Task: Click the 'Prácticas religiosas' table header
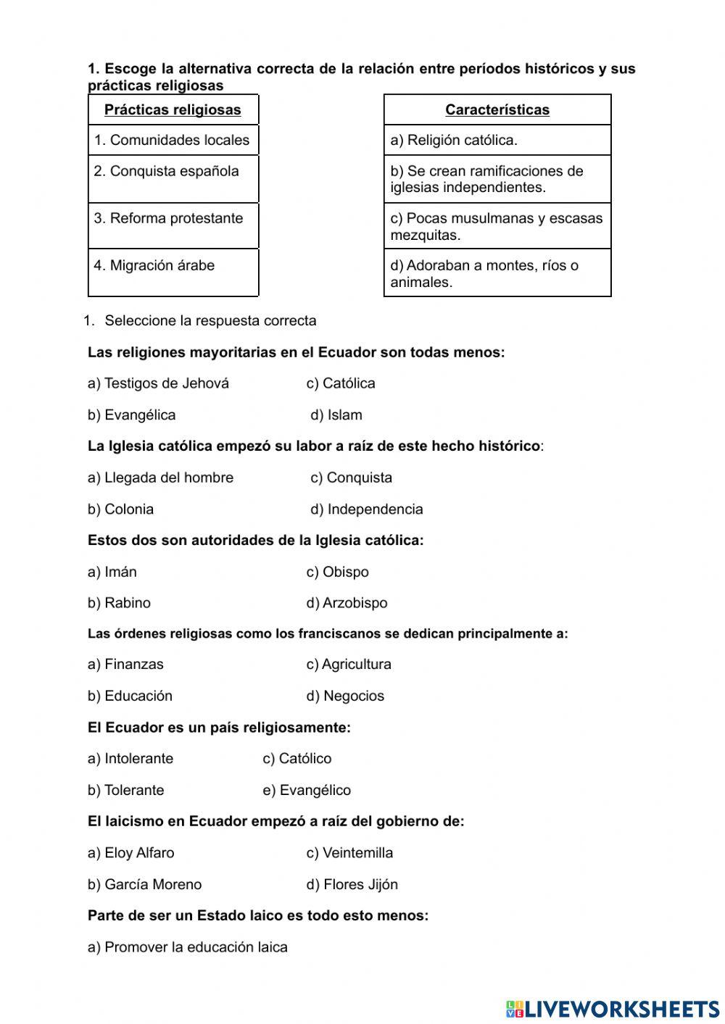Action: click(x=173, y=110)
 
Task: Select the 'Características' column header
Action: click(x=497, y=110)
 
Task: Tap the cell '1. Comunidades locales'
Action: click(x=172, y=141)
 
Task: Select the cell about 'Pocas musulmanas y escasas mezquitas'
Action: click(x=497, y=227)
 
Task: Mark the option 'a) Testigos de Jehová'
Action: click(x=158, y=383)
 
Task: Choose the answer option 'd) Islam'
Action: click(x=336, y=415)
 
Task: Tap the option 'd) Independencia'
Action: click(x=367, y=509)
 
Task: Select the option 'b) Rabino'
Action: click(x=119, y=603)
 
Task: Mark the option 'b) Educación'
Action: click(x=130, y=696)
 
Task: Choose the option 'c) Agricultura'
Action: click(x=349, y=665)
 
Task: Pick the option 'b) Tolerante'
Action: click(x=125, y=791)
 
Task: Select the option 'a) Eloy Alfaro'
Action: click(x=130, y=853)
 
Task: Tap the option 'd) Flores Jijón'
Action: click(x=352, y=885)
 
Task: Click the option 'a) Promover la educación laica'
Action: click(x=187, y=947)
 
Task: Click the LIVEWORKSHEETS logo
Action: click(x=613, y=1009)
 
